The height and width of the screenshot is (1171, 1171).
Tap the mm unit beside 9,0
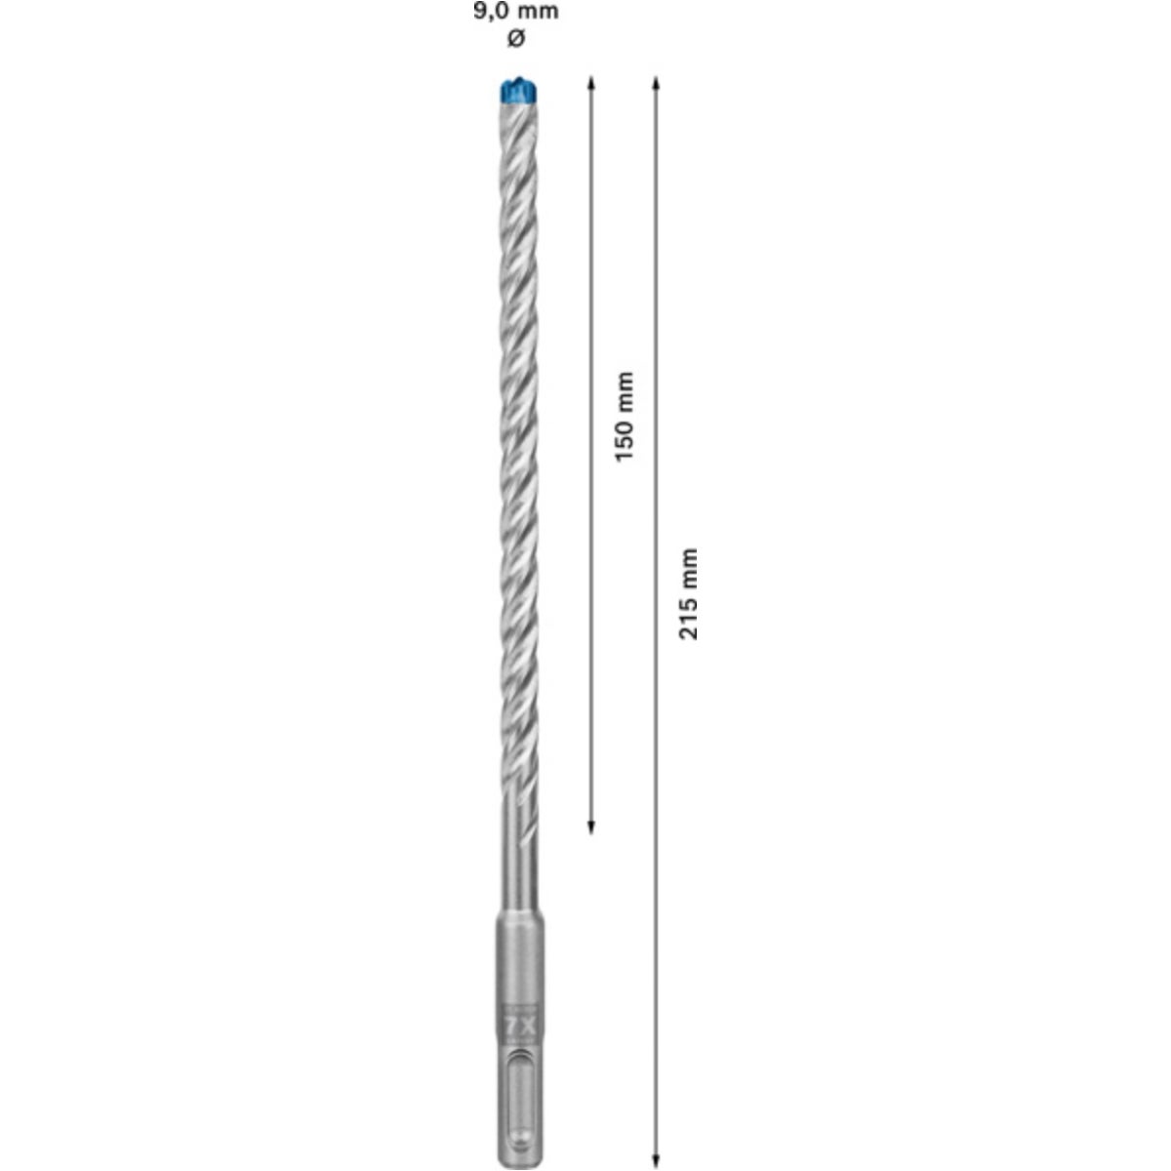click(x=537, y=12)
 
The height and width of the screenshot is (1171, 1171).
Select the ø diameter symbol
click(x=516, y=39)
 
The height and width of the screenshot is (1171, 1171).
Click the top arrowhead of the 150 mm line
click(x=590, y=83)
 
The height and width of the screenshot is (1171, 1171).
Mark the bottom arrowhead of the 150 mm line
click(x=590, y=828)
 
